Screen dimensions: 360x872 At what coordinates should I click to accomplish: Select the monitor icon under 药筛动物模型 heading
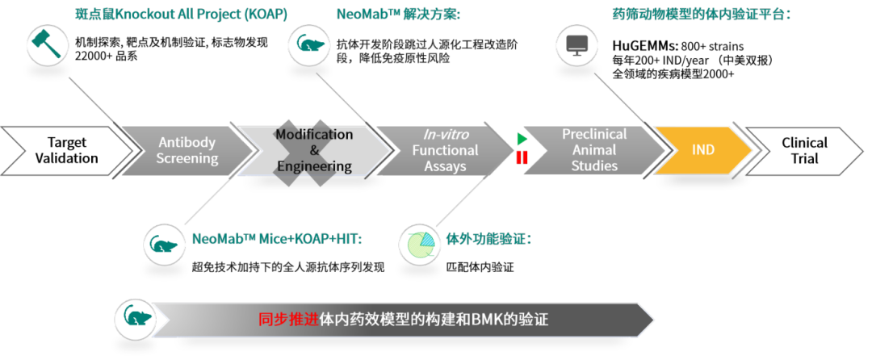pos(576,46)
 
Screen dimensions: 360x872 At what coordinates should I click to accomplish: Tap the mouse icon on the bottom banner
pos(135,319)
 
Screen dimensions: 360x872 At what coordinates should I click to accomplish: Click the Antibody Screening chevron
pos(187,151)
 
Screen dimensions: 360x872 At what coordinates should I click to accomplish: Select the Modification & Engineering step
pos(314,151)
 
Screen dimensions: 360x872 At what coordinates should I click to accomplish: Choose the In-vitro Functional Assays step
pos(445,151)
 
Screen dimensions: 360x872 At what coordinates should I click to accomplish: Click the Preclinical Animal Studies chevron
pos(594,151)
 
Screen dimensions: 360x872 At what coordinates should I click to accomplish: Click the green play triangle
pos(522,140)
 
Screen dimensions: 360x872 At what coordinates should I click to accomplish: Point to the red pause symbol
pos(522,157)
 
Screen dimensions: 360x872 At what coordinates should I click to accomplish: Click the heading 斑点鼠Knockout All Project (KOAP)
pos(180,15)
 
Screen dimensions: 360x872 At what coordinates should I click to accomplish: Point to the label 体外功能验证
pos(488,239)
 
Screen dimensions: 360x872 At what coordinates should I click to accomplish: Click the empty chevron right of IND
pos(803,151)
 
